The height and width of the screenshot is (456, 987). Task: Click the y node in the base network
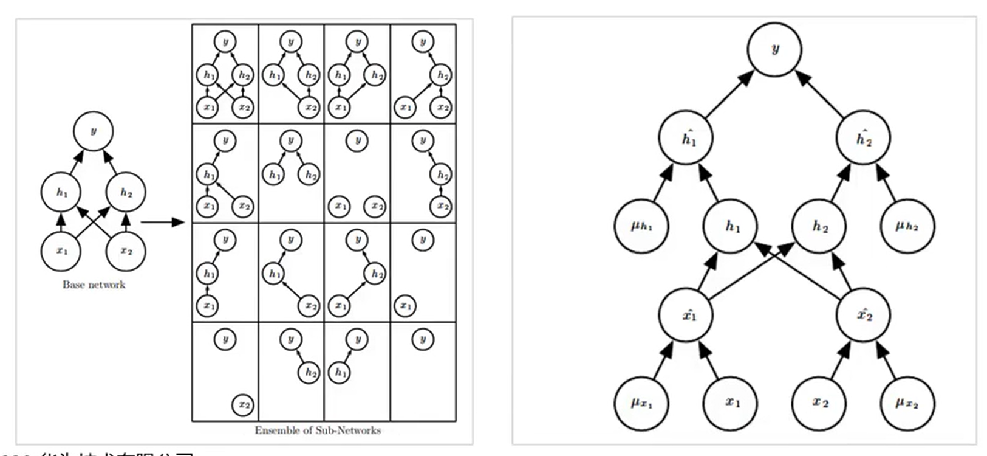pyautogui.click(x=93, y=131)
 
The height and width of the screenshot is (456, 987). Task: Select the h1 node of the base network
pyautogui.click(x=61, y=192)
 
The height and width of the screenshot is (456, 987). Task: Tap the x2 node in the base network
pyautogui.click(x=126, y=251)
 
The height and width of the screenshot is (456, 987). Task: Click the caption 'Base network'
pyautogui.click(x=94, y=285)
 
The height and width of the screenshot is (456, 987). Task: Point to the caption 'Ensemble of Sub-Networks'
pyautogui.click(x=318, y=430)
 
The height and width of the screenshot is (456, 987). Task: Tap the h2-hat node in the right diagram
pyautogui.click(x=863, y=139)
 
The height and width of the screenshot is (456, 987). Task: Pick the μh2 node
pyautogui.click(x=907, y=227)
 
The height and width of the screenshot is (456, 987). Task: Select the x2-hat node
pyautogui.click(x=863, y=315)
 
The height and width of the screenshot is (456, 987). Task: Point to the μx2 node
pyautogui.click(x=907, y=403)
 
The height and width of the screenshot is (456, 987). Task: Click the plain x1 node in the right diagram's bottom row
pyautogui.click(x=731, y=403)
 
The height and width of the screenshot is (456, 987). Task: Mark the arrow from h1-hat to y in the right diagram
pyautogui.click(x=729, y=95)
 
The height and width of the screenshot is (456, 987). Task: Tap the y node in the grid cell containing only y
pyautogui.click(x=423, y=339)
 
